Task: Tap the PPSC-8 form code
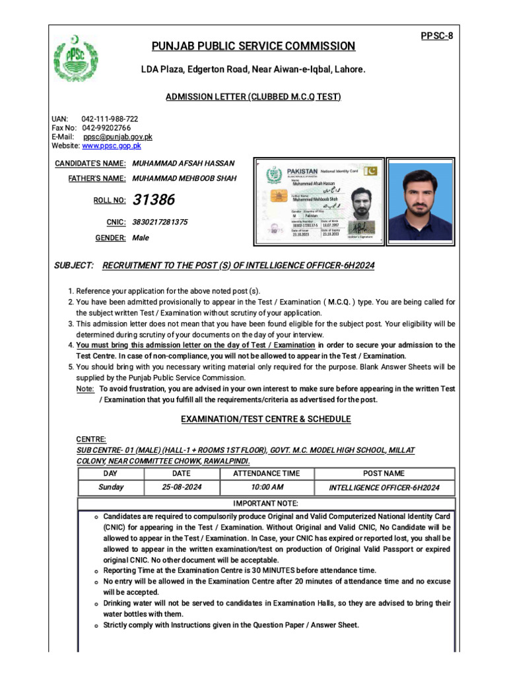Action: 436,36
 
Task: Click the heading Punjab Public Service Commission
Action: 253,46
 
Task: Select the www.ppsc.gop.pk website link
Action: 111,146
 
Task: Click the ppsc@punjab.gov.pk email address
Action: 118,137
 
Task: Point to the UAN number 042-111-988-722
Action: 110,119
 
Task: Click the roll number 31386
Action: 154,199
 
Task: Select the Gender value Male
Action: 141,238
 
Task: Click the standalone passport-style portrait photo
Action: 420,201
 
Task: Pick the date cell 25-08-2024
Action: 181,487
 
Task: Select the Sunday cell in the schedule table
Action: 111,487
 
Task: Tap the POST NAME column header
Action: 384,473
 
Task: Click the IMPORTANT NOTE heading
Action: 266,504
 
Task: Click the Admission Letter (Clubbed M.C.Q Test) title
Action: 253,97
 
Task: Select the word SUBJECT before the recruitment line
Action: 73,265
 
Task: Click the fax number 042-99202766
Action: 106,127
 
